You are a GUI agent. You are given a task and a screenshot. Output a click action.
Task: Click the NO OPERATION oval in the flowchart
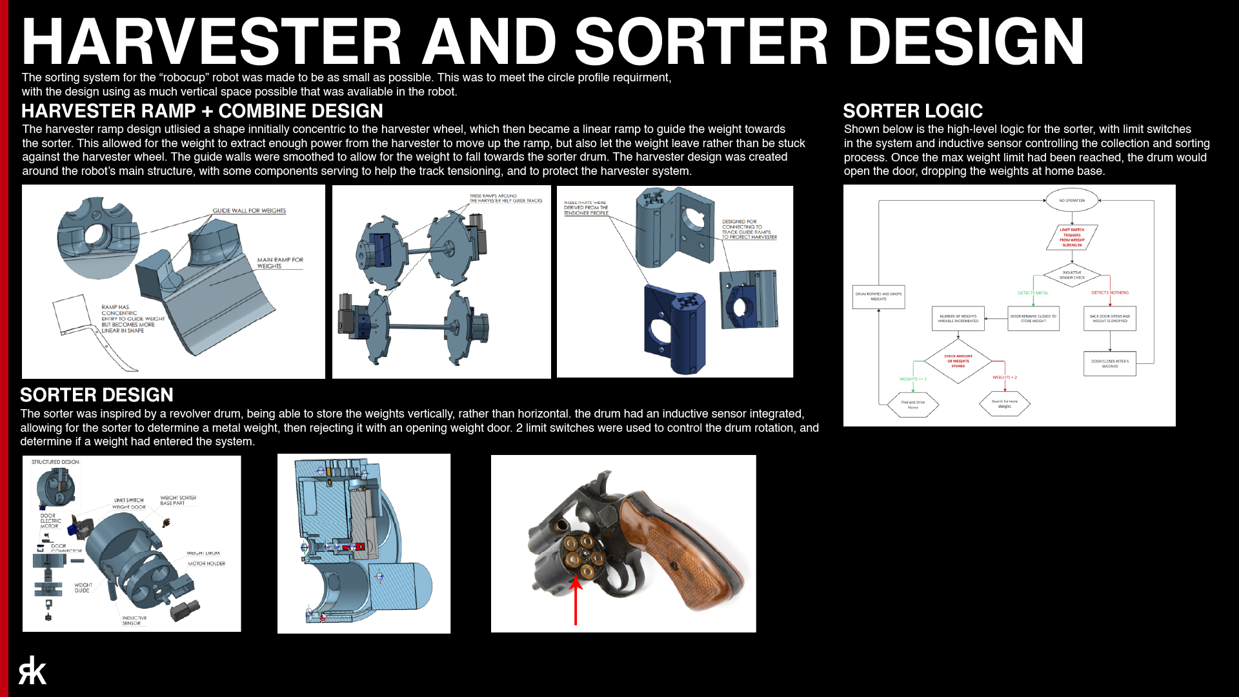1072,201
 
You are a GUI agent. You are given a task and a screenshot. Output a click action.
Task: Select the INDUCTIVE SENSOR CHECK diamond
1072,275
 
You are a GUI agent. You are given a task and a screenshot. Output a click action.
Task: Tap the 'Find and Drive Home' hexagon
912,405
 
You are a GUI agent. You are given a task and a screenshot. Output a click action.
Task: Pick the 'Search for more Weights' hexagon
1004,404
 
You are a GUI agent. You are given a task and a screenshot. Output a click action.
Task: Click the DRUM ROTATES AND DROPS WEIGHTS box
878,297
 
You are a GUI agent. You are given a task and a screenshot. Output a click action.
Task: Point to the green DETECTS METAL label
1032,293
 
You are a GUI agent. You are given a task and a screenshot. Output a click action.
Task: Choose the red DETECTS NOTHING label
1110,293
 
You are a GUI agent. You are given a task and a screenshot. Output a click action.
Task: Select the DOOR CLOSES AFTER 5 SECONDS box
1109,364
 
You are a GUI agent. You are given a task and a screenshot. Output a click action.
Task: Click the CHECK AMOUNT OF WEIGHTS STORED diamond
958,361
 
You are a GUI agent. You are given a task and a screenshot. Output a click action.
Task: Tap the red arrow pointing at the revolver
576,600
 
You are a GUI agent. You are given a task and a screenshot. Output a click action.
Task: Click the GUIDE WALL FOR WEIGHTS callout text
249,211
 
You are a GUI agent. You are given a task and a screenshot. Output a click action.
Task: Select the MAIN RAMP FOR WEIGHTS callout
279,263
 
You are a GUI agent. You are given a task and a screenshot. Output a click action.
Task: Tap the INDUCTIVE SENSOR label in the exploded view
134,620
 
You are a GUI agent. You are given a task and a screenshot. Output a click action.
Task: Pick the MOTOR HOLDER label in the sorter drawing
206,563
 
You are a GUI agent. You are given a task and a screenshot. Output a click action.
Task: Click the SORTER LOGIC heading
912,111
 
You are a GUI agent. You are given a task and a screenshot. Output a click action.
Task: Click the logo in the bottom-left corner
32,671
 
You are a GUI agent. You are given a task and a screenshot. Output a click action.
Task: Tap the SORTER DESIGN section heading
97,395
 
